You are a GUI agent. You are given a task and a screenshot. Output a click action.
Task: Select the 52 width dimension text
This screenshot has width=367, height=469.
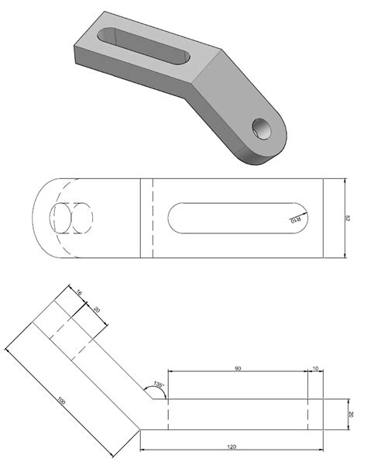pyautogui.click(x=350, y=218)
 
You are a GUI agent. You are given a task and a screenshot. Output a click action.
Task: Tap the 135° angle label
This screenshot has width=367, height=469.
pyautogui.click(x=158, y=385)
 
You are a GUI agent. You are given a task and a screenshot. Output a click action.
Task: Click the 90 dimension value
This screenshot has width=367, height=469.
pyautogui.click(x=238, y=367)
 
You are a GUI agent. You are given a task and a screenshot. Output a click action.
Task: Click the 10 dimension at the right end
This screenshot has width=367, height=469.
pyautogui.click(x=315, y=367)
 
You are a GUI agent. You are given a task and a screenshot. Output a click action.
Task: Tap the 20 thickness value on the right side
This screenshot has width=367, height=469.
pyautogui.click(x=351, y=414)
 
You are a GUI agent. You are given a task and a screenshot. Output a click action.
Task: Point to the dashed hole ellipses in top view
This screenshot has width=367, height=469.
pyautogui.click(x=70, y=219)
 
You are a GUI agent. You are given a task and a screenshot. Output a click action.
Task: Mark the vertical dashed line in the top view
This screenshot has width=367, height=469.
pyautogui.click(x=153, y=218)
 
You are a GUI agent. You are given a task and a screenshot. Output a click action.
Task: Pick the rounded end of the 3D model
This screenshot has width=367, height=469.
pyautogui.click(x=271, y=147)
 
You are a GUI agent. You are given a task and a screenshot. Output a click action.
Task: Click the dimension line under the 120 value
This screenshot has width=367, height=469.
pyautogui.click(x=232, y=450)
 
